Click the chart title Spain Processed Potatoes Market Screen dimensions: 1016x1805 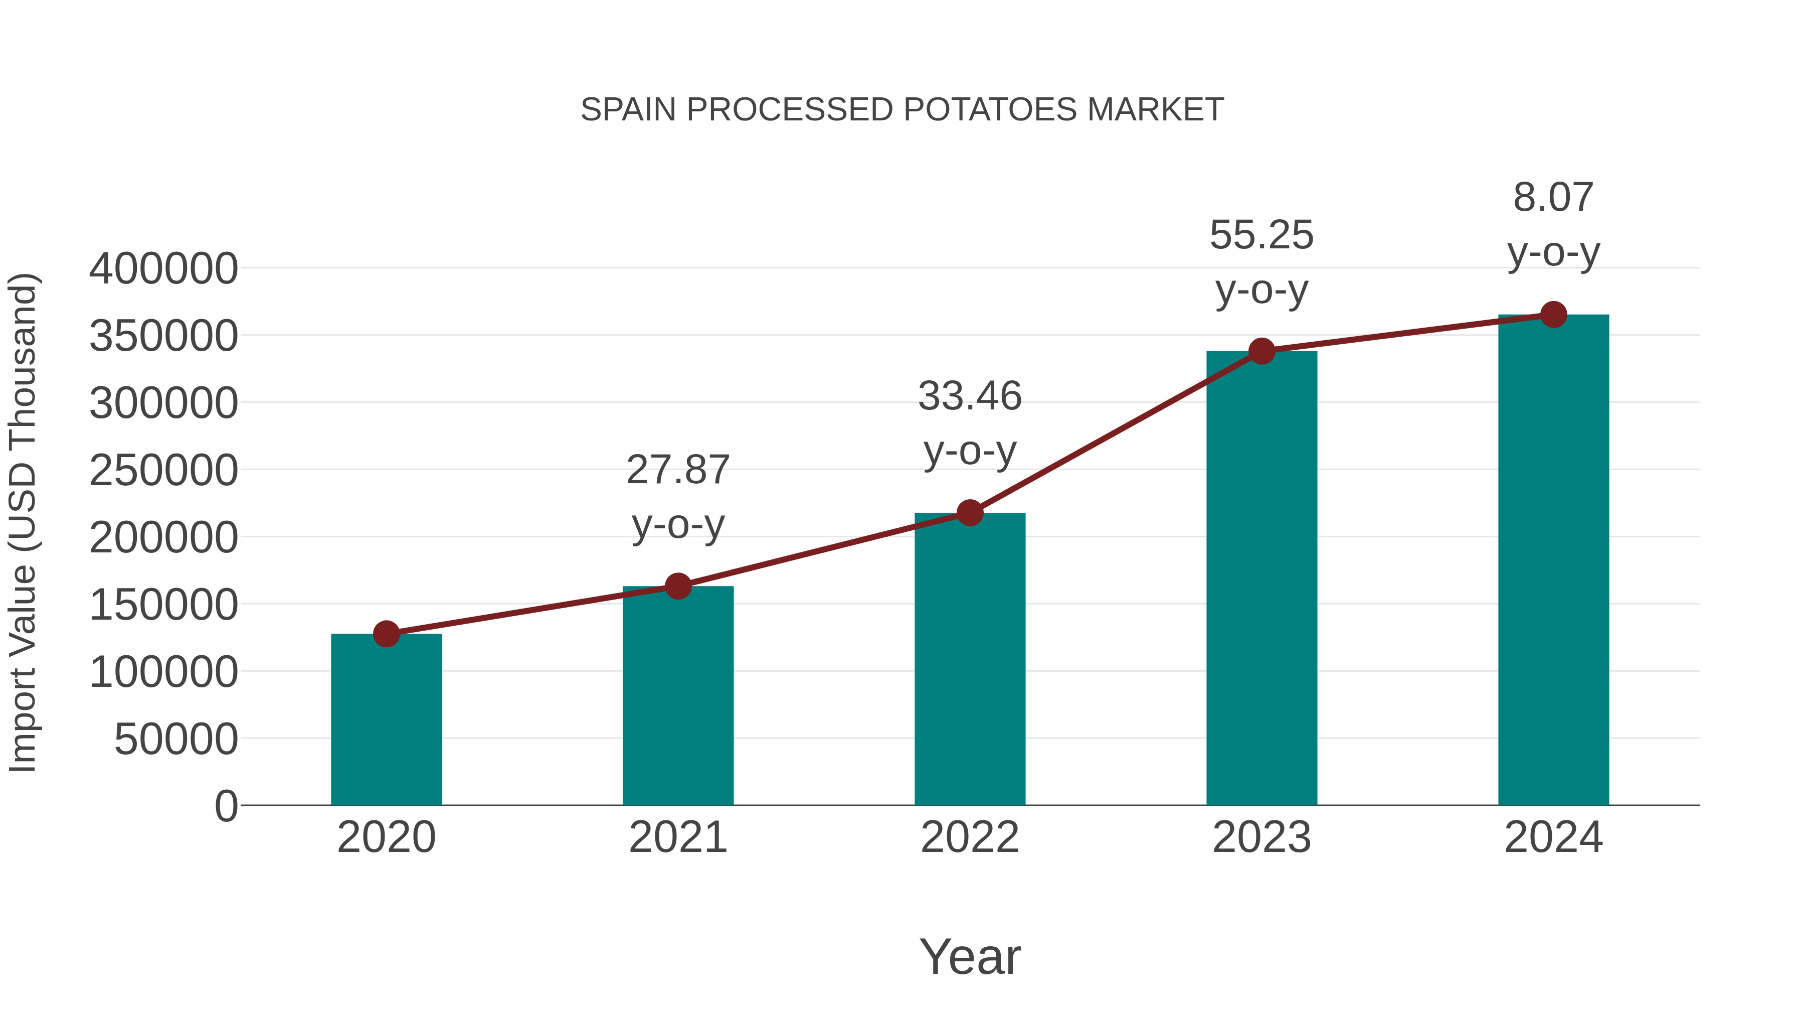902,109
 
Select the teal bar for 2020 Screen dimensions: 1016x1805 386,722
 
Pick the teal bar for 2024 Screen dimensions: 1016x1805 1553,561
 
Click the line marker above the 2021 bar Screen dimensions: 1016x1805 677,586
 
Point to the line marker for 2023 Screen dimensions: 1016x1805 1261,351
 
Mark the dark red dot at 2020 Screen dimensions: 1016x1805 386,634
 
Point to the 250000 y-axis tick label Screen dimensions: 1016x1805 163,471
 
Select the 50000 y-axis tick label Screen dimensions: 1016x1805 176,739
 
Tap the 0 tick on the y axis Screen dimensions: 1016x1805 226,806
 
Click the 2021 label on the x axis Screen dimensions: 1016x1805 677,837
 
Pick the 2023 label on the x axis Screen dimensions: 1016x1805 1261,837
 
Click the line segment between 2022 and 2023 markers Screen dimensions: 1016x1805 1116,432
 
